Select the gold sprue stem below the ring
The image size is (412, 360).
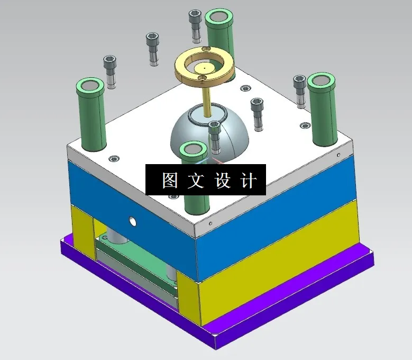pyautogui.click(x=205, y=98)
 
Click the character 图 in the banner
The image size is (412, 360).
pyautogui.click(x=169, y=181)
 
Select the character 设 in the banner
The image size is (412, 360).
pyautogui.click(x=222, y=181)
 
